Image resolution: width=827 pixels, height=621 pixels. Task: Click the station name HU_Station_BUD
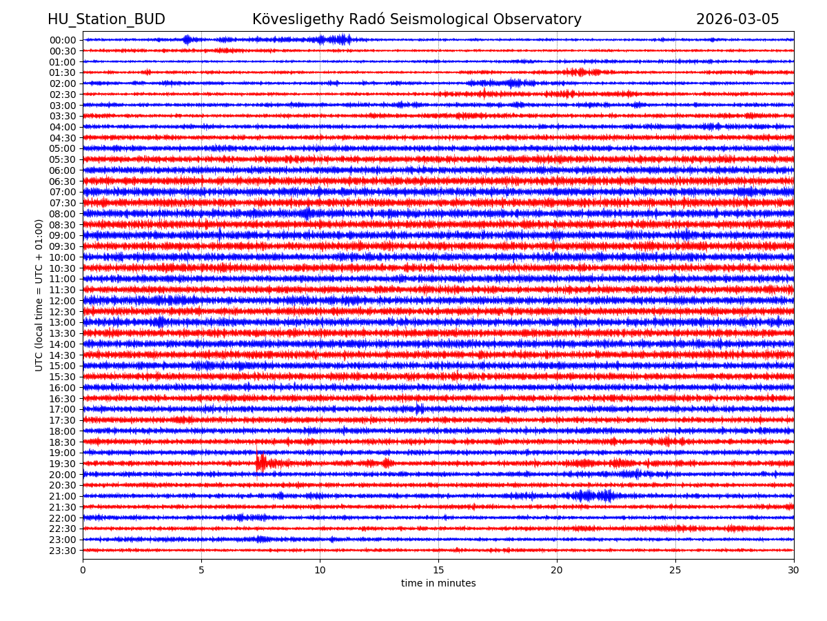click(106, 19)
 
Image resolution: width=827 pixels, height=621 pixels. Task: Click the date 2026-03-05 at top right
click(737, 19)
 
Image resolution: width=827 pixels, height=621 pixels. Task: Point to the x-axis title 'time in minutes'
click(438, 584)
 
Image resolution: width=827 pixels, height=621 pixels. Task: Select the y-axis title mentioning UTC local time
click(39, 295)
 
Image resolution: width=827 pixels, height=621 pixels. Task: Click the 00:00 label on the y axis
click(63, 40)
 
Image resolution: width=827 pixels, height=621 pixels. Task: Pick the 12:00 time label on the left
click(63, 301)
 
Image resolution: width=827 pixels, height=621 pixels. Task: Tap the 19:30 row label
click(63, 464)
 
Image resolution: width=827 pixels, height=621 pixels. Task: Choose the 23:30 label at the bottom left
click(63, 551)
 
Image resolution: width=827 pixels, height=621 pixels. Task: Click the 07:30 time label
click(63, 203)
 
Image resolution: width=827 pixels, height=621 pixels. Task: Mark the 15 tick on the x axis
click(438, 571)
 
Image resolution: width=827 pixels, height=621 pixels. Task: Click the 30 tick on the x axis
click(794, 571)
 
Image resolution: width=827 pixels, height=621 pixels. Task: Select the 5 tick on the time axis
click(201, 571)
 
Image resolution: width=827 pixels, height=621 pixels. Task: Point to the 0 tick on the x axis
click(83, 571)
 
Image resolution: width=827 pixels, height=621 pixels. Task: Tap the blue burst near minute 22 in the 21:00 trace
click(606, 495)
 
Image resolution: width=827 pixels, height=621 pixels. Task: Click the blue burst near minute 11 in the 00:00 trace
click(340, 39)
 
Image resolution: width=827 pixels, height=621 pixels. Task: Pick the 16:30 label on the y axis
click(63, 399)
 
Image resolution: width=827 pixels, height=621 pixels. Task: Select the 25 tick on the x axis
click(675, 571)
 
